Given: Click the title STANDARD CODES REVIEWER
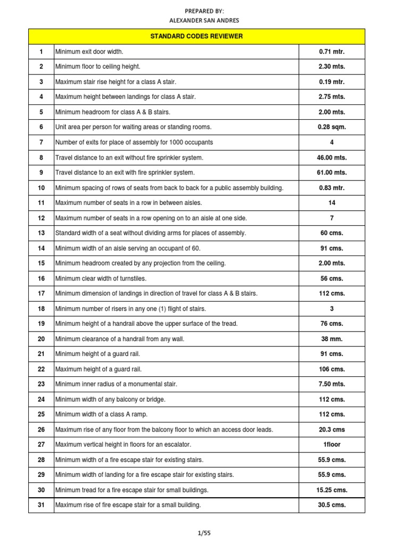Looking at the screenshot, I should point(197,36).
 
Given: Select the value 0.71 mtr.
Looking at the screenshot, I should point(332,52).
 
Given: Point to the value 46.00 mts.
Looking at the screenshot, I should point(332,158).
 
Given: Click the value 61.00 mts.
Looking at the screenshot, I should point(332,172).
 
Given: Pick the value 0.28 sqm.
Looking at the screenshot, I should point(332,127).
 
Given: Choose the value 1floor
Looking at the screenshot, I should point(332,444).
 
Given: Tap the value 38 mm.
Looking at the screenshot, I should point(332,338).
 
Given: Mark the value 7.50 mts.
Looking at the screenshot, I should point(332,384).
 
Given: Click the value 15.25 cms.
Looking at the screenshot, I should point(332,490).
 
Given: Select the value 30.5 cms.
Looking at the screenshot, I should point(332,505).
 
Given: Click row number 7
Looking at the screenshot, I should point(41,142).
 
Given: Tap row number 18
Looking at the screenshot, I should point(41,309).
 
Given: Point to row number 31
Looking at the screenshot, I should point(41,505).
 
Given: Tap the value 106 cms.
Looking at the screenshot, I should point(332,369).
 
